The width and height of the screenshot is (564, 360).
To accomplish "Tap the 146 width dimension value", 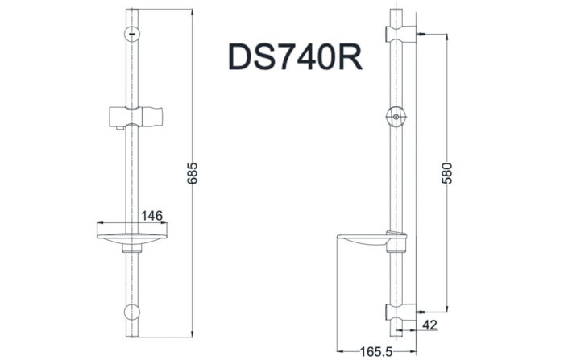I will click(x=152, y=216).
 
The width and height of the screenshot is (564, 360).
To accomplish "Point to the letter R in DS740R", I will click(x=346, y=58).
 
